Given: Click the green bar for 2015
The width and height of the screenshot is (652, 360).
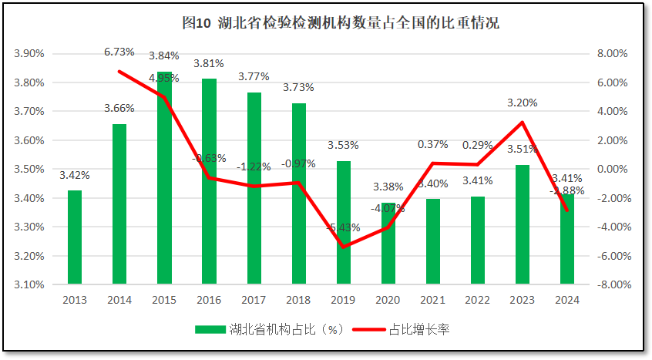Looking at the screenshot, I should click(164, 177).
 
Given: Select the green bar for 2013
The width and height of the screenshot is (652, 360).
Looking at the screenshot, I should click(75, 237).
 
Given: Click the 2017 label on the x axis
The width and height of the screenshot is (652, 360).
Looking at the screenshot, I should click(254, 300).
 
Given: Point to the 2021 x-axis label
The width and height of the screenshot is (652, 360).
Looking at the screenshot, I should click(432, 300).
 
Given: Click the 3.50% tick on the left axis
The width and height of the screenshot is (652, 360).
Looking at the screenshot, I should click(29, 170).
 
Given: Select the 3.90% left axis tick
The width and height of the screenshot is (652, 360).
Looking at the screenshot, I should click(29, 54).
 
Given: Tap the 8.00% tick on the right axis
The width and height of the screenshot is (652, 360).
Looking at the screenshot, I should click(614, 54).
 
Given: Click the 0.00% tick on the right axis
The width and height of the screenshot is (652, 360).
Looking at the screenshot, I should click(614, 170).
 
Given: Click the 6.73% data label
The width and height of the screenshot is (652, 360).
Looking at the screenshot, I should click(119, 52).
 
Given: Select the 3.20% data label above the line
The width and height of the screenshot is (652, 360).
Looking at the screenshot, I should click(522, 103).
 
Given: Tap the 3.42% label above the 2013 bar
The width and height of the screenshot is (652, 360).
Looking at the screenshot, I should click(74, 175).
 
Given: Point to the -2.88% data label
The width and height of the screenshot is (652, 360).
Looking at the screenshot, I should click(566, 190).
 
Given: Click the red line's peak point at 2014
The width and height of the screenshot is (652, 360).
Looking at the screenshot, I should click(119, 72).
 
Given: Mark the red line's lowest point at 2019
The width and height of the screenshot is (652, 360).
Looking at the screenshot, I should click(343, 247).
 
